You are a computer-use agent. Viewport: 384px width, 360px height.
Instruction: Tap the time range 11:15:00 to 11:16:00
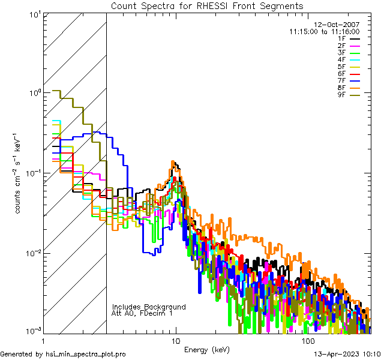(324, 31)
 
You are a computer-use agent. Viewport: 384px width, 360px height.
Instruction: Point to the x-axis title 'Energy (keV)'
(207, 350)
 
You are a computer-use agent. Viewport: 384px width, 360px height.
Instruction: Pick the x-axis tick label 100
(307, 340)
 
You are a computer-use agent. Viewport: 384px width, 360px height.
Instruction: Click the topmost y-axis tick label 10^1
(34, 14)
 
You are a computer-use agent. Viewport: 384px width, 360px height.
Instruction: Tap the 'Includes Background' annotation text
(149, 307)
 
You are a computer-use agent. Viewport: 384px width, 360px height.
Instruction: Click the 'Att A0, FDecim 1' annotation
(142, 313)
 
